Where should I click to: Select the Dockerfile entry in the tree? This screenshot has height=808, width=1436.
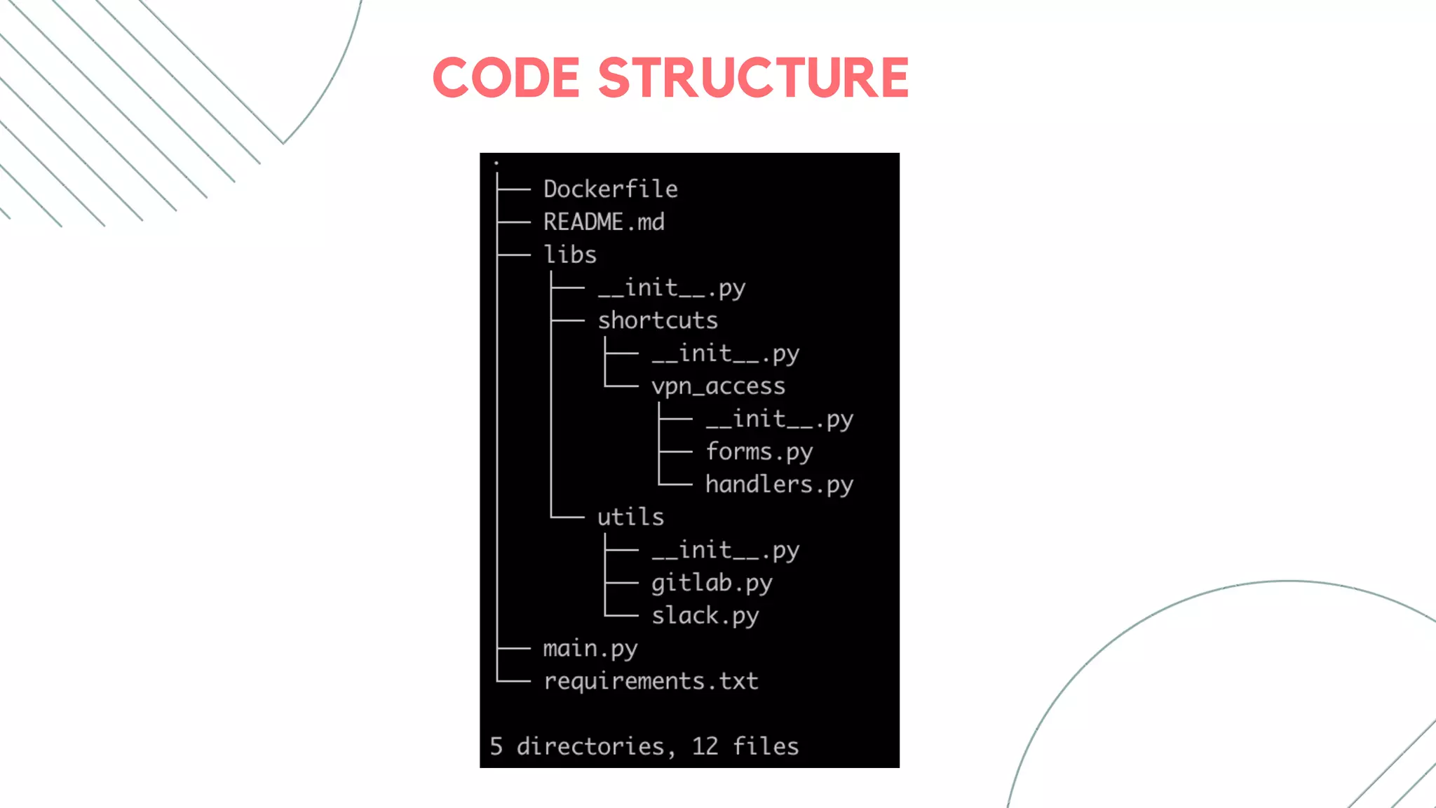point(610,189)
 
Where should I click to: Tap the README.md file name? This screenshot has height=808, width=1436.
point(604,222)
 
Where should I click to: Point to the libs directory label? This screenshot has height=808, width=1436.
point(570,255)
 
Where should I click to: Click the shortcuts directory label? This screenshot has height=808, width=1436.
point(658,321)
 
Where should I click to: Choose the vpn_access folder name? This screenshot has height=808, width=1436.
point(718,386)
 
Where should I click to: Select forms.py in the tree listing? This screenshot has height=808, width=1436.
point(759,452)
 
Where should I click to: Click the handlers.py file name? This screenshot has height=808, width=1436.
point(779,485)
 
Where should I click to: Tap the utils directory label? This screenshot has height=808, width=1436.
point(630,517)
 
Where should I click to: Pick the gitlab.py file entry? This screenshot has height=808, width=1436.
point(712,583)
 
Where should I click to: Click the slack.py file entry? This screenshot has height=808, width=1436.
point(705,616)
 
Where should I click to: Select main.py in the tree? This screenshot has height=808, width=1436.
point(590,649)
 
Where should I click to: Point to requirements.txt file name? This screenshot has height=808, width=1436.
point(651,681)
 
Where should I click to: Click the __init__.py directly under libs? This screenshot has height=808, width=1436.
point(671,288)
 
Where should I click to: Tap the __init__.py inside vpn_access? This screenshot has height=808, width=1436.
point(779,419)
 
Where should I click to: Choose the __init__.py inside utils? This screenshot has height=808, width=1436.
point(725,551)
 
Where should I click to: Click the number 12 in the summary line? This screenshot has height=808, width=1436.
point(705,746)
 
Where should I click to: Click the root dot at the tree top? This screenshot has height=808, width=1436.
point(496,163)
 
